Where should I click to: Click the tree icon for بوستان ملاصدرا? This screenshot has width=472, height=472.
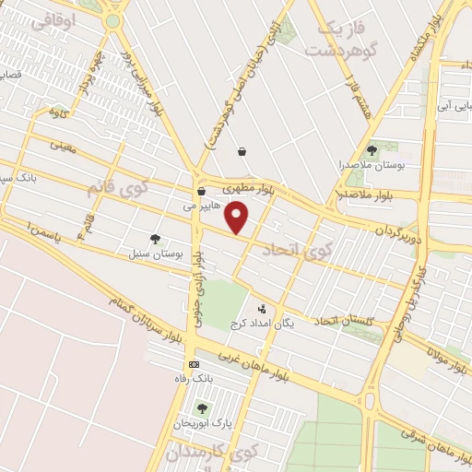(372, 149)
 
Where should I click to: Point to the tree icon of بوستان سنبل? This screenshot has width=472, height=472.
(154, 239)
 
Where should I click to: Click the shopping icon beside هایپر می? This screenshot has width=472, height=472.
(201, 192)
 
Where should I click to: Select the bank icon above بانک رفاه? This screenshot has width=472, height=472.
(193, 365)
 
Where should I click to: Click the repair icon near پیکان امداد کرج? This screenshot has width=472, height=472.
(262, 309)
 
